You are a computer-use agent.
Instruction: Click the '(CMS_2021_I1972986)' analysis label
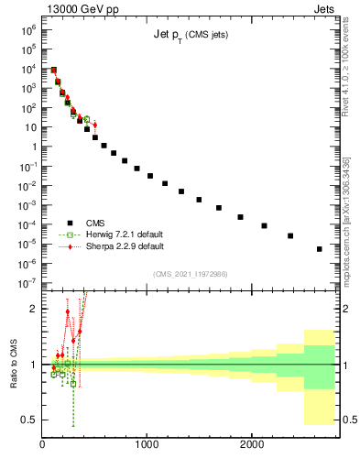point(190,273)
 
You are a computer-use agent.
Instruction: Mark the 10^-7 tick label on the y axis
point(27,284)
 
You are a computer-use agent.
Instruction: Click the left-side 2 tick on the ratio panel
point(34,309)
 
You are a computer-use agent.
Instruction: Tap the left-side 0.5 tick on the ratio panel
point(31,420)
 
